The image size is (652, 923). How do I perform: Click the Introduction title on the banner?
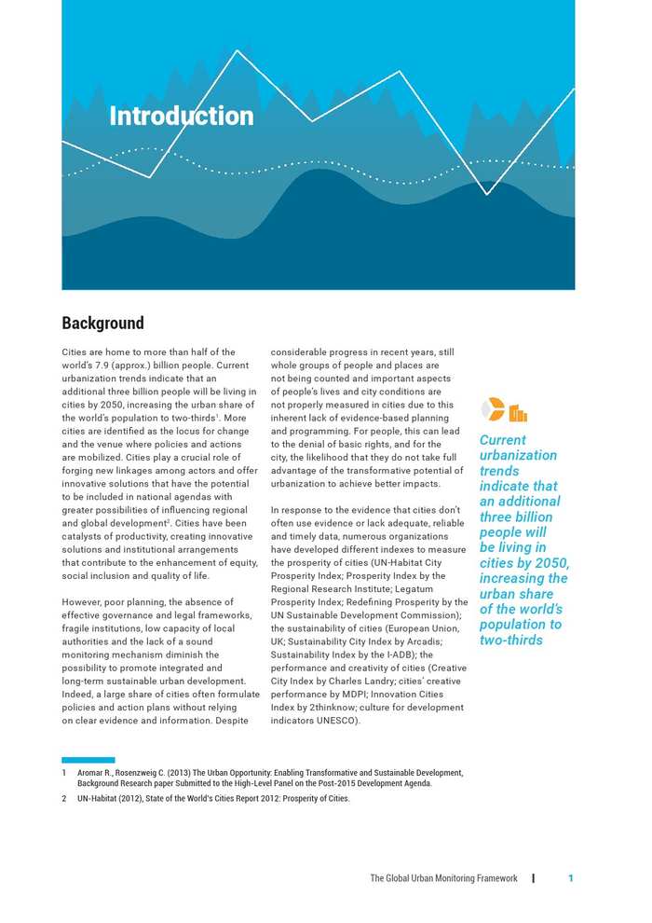tap(182, 117)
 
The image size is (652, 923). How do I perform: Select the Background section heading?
tap(102, 324)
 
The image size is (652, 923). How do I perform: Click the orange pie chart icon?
tap(495, 408)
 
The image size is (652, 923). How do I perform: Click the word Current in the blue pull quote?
tap(502, 440)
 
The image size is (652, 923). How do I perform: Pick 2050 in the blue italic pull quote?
tap(550, 563)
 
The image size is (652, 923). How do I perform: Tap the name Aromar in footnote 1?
tap(93, 773)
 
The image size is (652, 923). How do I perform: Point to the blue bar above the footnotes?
tap(88, 760)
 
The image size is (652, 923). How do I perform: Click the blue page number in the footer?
tap(570, 878)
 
